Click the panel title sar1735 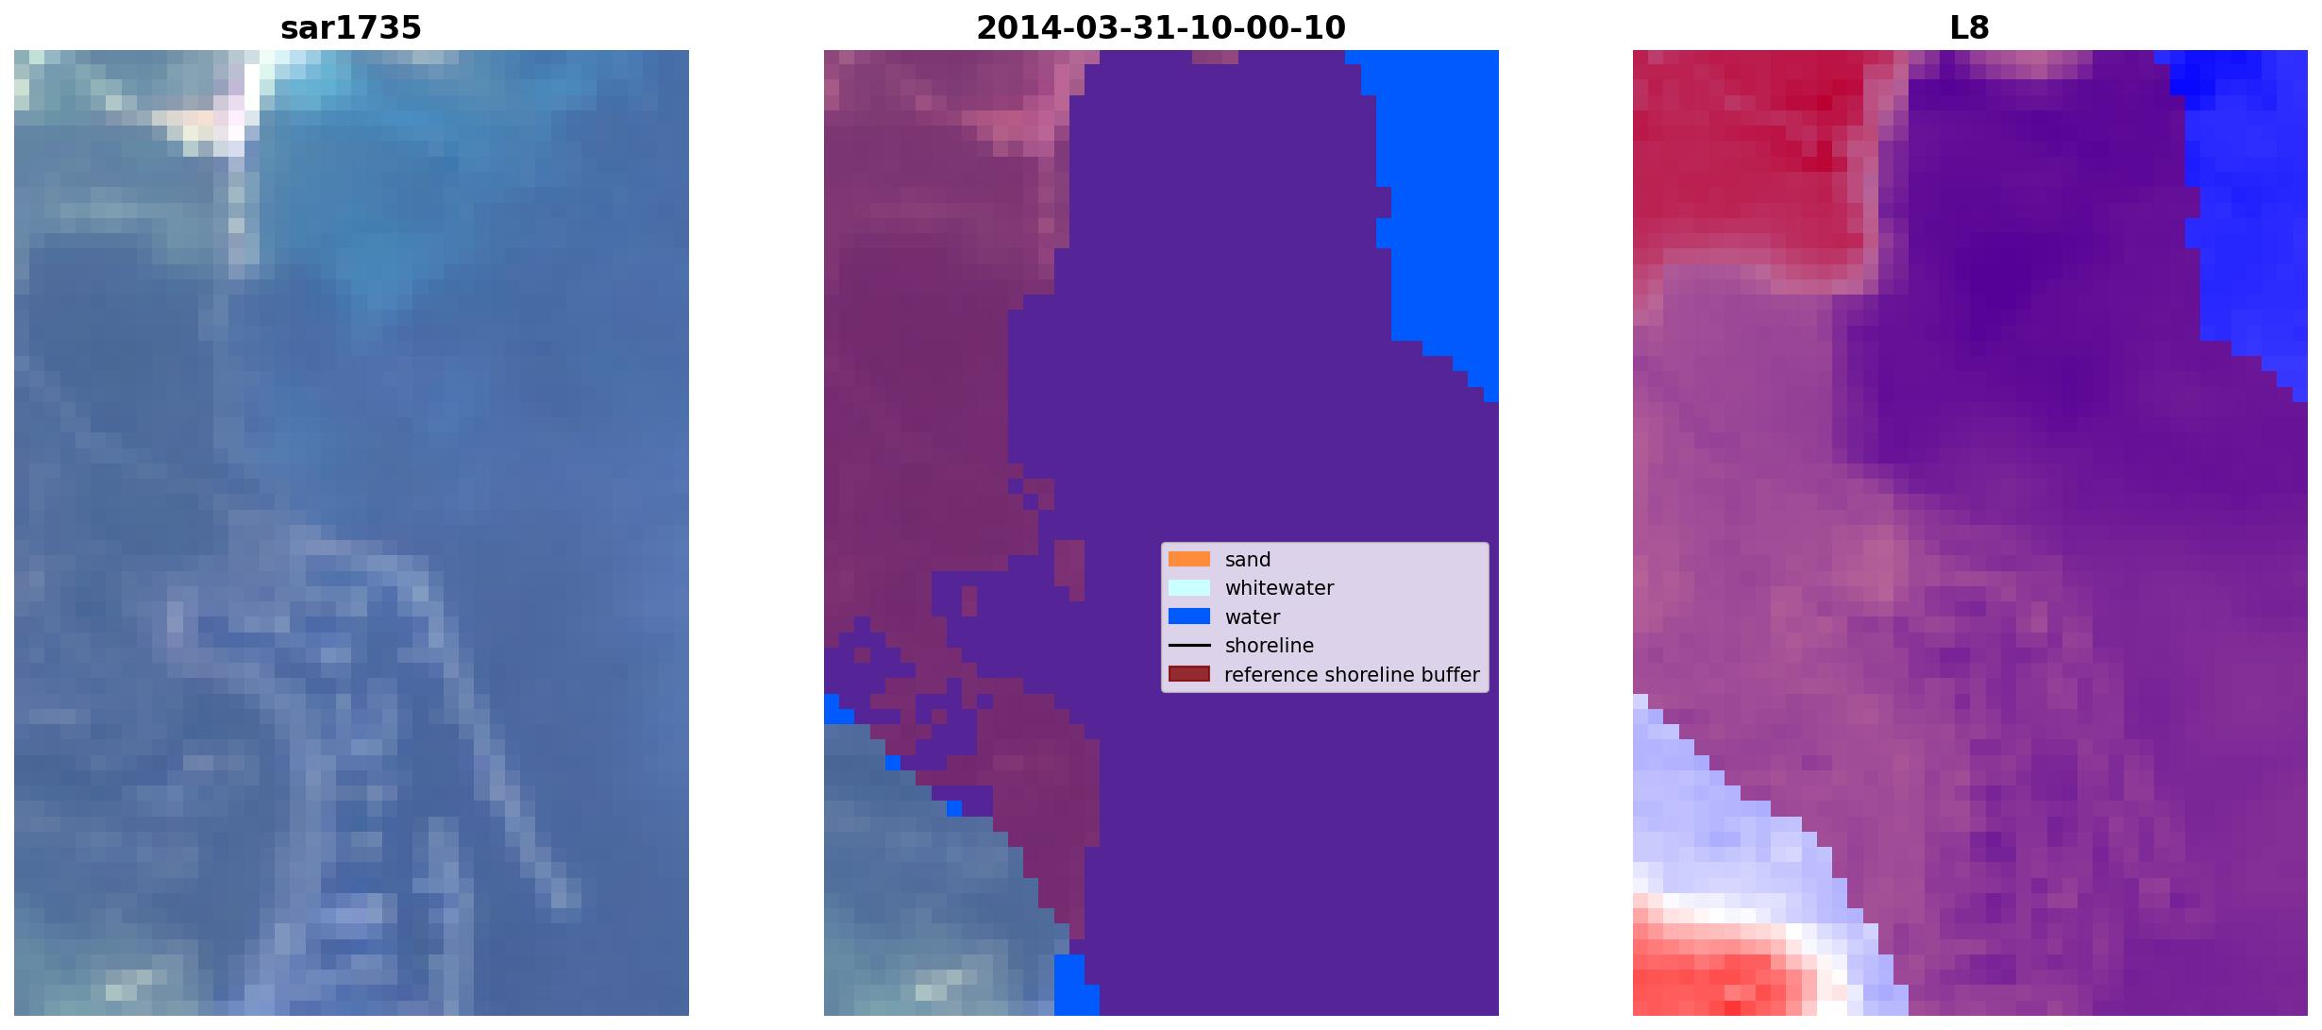(x=351, y=28)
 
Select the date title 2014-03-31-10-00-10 (x=1161, y=28)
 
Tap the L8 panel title (x=1970, y=28)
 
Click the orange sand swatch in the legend (x=1189, y=559)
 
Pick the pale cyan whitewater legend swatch (x=1189, y=587)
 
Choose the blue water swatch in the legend (x=1189, y=616)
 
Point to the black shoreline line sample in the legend (x=1189, y=646)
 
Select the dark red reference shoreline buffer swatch (x=1189, y=674)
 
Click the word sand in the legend (x=1248, y=560)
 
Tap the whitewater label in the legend (x=1279, y=588)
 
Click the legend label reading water (x=1253, y=617)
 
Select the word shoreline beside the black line (x=1270, y=646)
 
